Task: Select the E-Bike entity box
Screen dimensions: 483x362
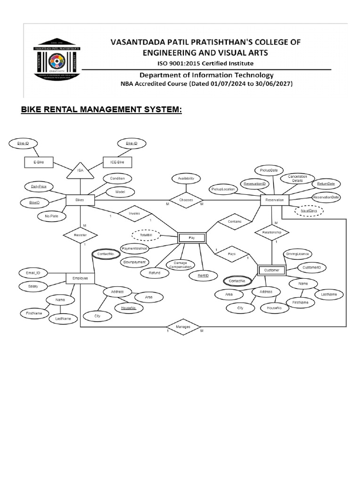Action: (38, 163)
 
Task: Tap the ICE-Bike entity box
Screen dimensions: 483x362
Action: (117, 163)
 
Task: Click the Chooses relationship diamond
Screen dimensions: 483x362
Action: (186, 200)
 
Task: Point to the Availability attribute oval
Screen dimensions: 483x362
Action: (186, 179)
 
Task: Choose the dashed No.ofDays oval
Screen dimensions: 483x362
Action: (309, 211)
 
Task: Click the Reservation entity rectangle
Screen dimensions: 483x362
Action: (274, 200)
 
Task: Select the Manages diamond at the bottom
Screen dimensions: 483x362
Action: (183, 326)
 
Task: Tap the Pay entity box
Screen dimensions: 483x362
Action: (192, 238)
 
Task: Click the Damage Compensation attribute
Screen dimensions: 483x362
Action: (181, 265)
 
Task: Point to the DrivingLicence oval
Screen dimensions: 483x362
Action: (297, 254)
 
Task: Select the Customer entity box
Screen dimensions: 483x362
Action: (272, 270)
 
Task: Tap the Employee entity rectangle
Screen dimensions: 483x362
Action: (80, 279)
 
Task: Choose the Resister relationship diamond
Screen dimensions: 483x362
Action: (80, 234)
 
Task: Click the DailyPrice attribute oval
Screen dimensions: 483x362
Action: (39, 187)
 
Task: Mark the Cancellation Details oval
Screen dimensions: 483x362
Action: (297, 179)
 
